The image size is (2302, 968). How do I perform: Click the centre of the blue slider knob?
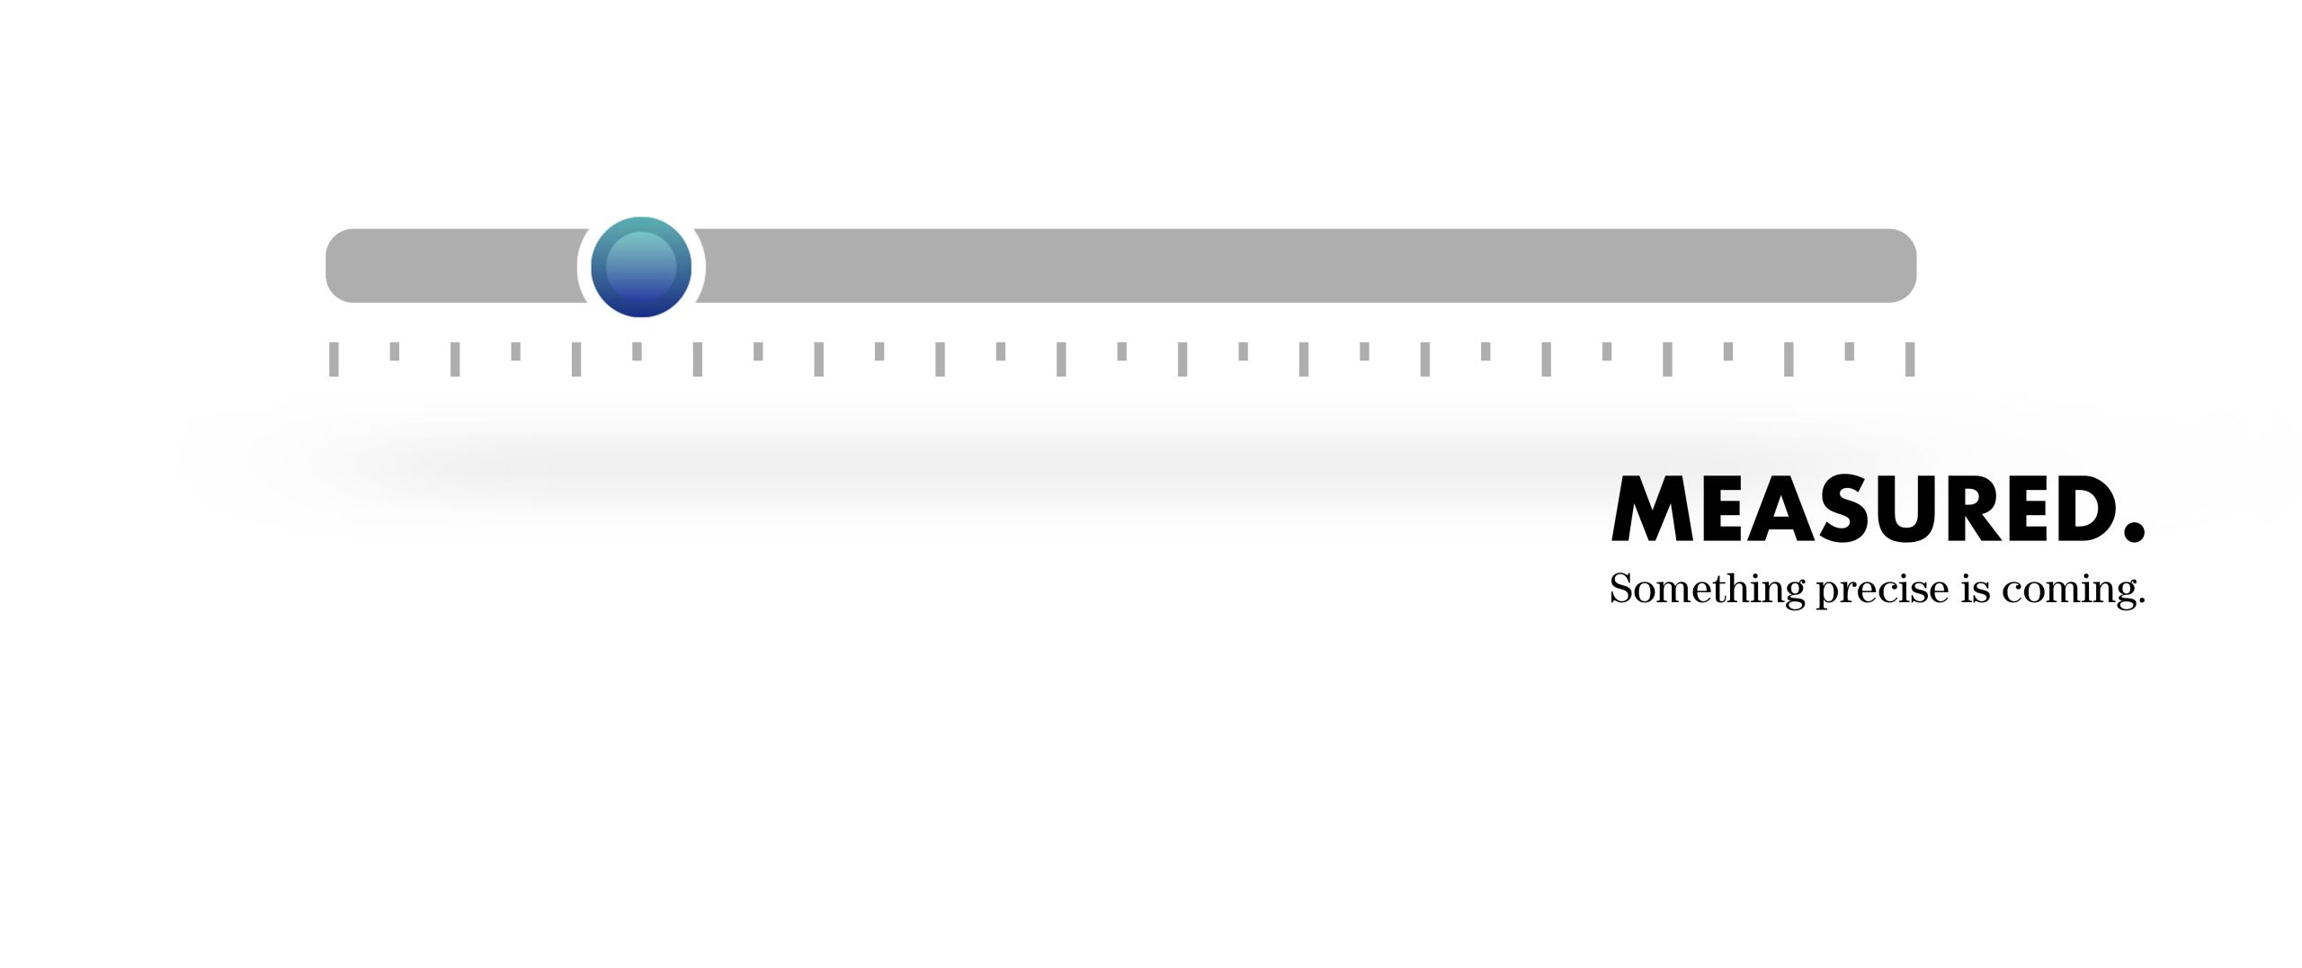641,267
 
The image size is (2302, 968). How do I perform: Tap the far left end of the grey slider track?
326,266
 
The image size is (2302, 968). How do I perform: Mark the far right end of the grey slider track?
1917,266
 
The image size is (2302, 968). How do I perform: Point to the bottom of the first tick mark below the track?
334,376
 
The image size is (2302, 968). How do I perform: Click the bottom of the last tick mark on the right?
1910,376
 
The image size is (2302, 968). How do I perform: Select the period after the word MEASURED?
2135,532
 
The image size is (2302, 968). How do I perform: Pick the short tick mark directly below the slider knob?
637,351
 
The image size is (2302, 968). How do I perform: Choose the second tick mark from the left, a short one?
394,351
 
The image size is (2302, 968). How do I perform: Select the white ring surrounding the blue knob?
641,267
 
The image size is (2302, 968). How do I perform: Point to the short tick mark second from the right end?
1850,351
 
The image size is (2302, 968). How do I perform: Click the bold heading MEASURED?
1878,509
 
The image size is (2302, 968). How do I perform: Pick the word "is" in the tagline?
1976,590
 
